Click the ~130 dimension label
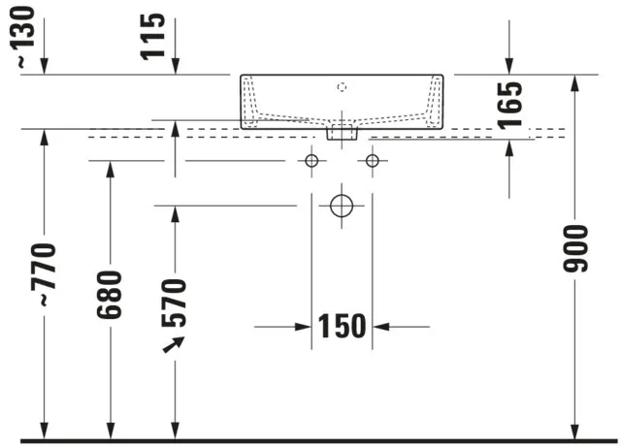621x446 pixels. (x=23, y=37)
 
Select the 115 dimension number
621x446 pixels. (x=152, y=37)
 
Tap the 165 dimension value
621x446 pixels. (x=509, y=106)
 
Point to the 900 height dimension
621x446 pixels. (x=575, y=248)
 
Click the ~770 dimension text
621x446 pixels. (x=44, y=275)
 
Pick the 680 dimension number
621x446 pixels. (x=110, y=295)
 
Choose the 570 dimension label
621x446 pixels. (x=174, y=303)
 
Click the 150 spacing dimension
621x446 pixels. (x=343, y=326)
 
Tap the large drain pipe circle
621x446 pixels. (x=342, y=206)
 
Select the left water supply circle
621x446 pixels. (x=311, y=161)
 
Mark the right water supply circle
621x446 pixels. (x=373, y=161)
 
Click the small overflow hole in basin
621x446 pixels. (x=342, y=86)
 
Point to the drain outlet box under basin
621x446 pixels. (x=342, y=132)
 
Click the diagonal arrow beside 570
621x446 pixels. (x=174, y=344)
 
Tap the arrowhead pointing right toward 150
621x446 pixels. (x=303, y=327)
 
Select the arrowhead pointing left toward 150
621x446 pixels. (x=381, y=327)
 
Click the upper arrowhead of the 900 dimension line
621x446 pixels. (x=575, y=83)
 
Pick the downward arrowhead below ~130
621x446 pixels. (x=44, y=66)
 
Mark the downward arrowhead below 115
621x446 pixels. (x=176, y=66)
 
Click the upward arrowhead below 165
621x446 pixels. (x=509, y=148)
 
